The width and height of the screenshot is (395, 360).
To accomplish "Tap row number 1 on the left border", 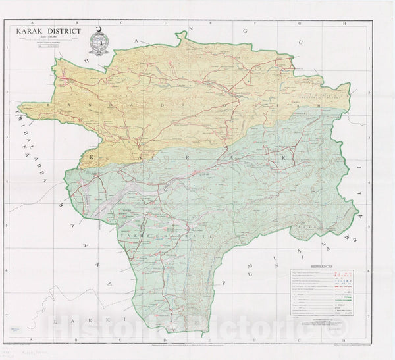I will coord(7,47).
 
